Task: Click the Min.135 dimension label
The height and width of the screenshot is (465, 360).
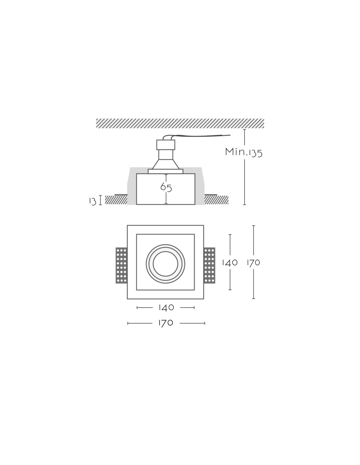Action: [244, 152]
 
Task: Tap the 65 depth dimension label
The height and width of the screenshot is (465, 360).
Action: [166, 187]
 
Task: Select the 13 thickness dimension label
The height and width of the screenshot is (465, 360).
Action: [93, 201]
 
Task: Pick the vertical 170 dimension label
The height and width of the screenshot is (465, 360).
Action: [253, 263]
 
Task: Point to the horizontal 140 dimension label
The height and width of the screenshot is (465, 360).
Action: [166, 307]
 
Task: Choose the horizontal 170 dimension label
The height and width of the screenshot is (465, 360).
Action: [166, 323]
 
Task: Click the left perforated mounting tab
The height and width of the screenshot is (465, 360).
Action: [121, 265]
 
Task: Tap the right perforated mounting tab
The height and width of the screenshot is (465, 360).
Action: [209, 265]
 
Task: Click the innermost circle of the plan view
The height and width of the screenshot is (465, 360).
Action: [166, 252]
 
